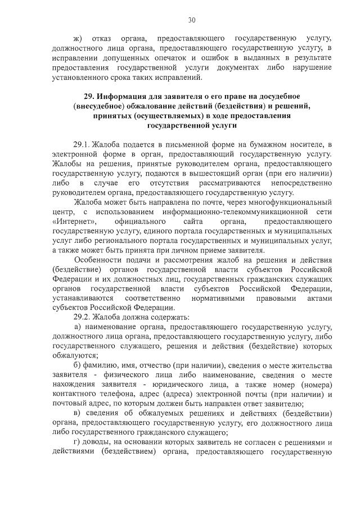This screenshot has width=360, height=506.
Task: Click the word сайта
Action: [193, 222]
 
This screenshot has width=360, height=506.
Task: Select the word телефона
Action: [111, 394]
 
